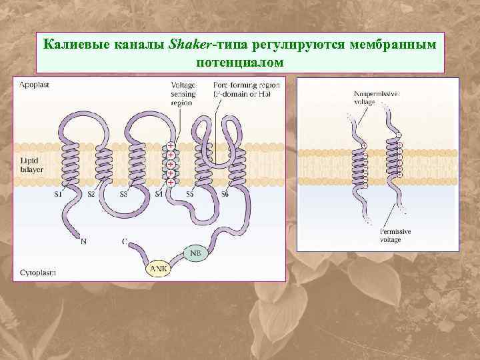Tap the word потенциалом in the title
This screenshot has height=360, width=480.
click(241, 61)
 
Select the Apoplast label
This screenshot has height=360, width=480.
click(34, 85)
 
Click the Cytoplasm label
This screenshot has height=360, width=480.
click(37, 272)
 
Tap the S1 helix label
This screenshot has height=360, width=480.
click(58, 195)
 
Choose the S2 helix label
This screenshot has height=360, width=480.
click(92, 195)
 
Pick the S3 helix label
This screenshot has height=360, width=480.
click(123, 195)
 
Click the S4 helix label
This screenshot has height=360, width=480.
click(159, 195)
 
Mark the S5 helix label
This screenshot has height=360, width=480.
click(190, 195)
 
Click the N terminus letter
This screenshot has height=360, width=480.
click(83, 241)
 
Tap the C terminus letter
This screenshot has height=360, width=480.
click(125, 241)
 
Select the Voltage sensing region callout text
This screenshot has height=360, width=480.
click(183, 94)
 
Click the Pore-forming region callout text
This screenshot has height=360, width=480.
click(246, 89)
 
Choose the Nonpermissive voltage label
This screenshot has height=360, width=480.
click(375, 99)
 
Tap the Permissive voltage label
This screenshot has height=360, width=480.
click(395, 235)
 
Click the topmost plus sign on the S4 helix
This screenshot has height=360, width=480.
click(171, 145)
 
